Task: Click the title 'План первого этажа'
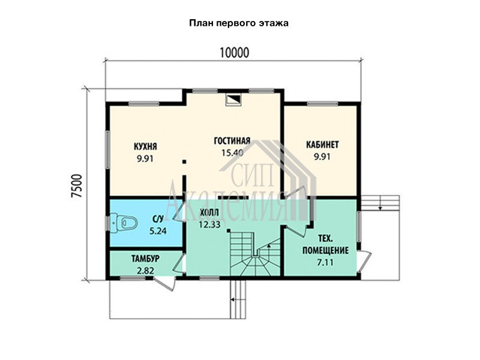coord(239,23)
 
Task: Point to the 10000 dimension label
coord(235,53)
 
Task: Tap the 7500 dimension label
coord(77,187)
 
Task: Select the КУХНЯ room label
coord(145,146)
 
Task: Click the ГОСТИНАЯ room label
coord(232,140)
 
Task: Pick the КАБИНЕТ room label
coord(322,144)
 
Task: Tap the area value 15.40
coord(232,152)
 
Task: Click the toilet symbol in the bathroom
coord(124,223)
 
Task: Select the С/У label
coord(158,218)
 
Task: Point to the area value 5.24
coord(158,230)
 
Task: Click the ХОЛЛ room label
coord(209,212)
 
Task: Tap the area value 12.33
coord(209,224)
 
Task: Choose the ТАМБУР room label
coord(145,259)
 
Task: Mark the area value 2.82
coord(145,271)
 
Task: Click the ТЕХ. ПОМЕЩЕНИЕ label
coord(325,244)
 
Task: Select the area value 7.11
coord(325,262)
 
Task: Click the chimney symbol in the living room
coord(233,100)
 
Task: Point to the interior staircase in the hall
coord(254,254)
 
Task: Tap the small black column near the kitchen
coord(184,161)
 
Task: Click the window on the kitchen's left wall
coord(107,149)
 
